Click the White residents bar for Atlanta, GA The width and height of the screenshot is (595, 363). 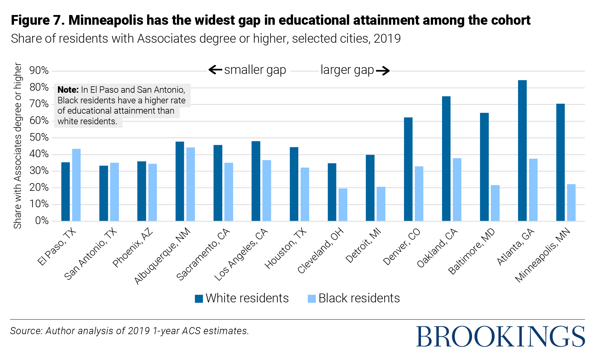(522, 150)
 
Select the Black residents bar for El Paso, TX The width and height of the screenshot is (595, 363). (76, 185)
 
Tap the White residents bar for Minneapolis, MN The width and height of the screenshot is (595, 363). (560, 162)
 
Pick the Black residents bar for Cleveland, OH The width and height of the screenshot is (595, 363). (343, 205)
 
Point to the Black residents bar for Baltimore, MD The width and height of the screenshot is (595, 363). (495, 203)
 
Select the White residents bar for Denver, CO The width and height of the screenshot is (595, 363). (408, 169)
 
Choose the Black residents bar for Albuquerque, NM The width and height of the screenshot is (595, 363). (190, 184)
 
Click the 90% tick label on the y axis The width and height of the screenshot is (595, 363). (39, 70)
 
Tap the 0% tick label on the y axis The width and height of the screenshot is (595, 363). (42, 221)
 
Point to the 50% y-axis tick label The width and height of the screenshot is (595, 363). (39, 137)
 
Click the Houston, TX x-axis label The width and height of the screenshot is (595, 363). (285, 249)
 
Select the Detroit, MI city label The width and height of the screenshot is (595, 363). (363, 246)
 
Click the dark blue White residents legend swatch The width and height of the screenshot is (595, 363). (199, 299)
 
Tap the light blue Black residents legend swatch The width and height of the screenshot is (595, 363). (312, 299)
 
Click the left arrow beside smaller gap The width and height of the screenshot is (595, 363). (215, 70)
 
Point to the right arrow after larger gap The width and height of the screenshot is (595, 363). (383, 71)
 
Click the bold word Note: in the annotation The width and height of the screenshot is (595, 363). (68, 90)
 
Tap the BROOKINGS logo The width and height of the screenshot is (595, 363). (500, 336)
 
